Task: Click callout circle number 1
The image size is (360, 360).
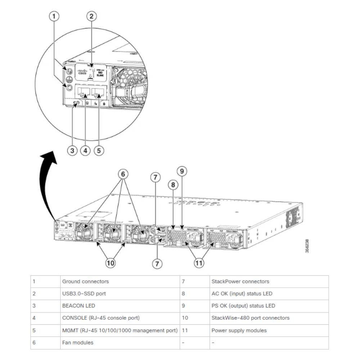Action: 54,16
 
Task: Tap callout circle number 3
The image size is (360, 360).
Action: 72,150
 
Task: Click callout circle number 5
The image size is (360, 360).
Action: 99,150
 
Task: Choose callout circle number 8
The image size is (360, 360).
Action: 173,185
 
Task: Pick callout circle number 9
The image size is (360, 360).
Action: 182,172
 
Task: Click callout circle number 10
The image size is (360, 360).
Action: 111,263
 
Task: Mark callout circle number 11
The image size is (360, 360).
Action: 199,263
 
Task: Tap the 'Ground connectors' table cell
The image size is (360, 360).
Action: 85,282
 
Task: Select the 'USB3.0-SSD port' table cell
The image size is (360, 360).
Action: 84,294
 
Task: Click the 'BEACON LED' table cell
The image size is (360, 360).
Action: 78,306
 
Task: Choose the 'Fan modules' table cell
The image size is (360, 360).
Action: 77,343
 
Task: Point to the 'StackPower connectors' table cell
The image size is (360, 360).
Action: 240,282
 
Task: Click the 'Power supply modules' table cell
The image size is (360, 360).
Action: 239,330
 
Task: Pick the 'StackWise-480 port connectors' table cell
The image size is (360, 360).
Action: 250,318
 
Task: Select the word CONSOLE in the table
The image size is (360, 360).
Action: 73,318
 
